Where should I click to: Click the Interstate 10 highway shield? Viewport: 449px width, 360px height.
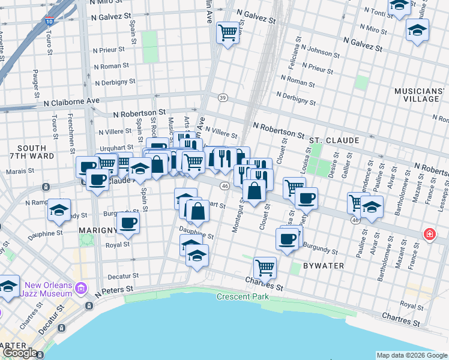pos(48,22)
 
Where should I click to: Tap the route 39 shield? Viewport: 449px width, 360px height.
pos(223,98)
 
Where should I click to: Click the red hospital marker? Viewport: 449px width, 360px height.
pos(429,234)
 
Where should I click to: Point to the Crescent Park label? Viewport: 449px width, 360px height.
pos(242,297)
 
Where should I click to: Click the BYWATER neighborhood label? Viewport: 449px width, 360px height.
pos(323,265)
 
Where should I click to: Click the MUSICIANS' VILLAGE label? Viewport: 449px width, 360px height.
pos(420,95)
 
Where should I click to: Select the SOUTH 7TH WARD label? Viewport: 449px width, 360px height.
pos(32,152)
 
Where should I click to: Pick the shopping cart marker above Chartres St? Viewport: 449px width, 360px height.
pos(264,266)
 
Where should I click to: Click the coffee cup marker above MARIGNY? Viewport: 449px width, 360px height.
pos(127,223)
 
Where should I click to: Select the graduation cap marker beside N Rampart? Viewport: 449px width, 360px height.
pos(59,209)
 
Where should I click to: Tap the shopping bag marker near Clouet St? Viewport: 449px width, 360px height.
pos(255,191)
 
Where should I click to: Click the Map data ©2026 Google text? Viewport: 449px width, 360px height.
pos(411,355)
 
